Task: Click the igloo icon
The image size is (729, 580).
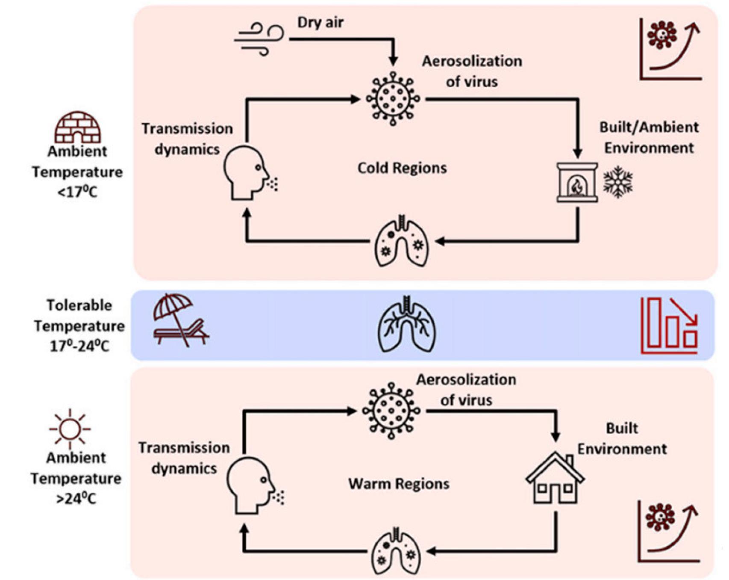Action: [x=77, y=127]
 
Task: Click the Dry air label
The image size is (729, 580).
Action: [x=320, y=22]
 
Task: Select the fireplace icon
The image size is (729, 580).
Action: [x=577, y=182]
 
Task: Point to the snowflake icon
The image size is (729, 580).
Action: [x=618, y=182]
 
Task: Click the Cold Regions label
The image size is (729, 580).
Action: [x=402, y=168]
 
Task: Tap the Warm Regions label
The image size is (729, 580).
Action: [x=399, y=484]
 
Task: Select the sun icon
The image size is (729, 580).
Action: [x=70, y=429]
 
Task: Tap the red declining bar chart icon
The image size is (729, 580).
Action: [x=669, y=326]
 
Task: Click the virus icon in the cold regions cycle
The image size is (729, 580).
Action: [x=393, y=99]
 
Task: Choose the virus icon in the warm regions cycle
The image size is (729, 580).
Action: [x=391, y=411]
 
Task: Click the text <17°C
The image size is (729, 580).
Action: [x=77, y=192]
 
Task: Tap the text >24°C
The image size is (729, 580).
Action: [x=76, y=498]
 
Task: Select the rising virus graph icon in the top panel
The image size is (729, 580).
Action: [x=670, y=49]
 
